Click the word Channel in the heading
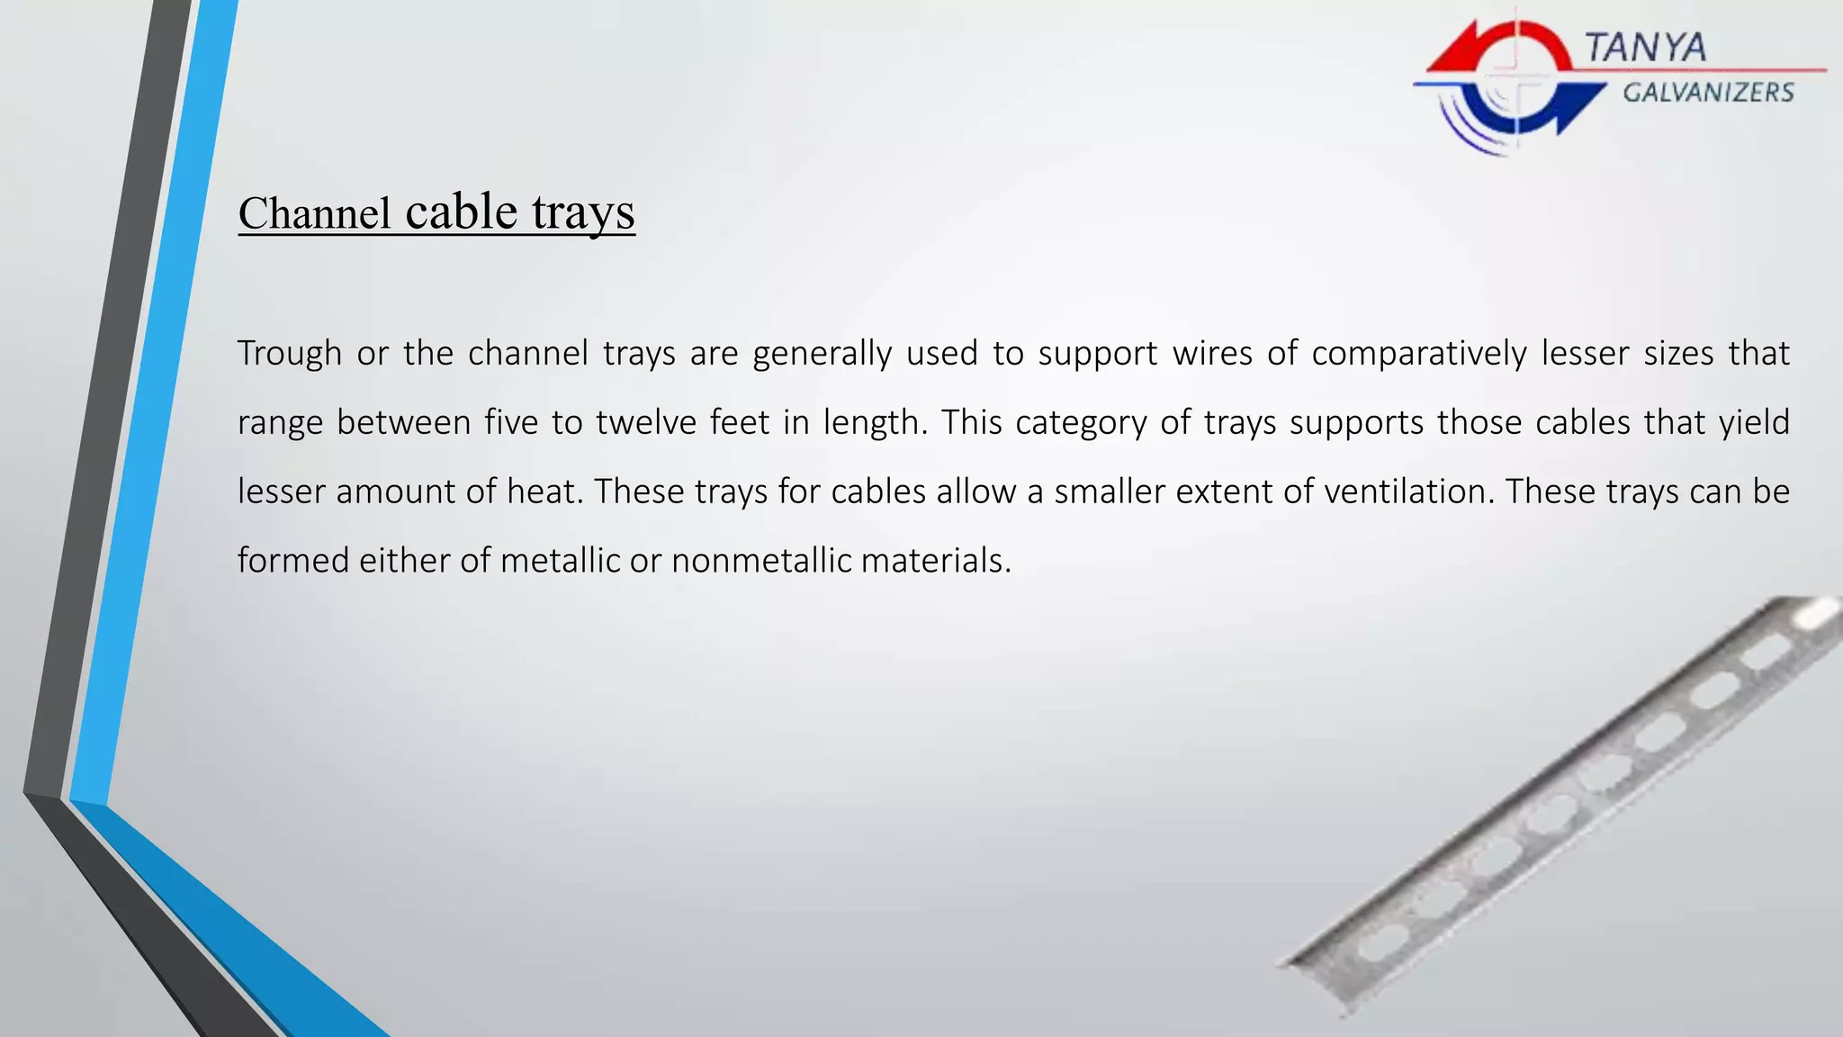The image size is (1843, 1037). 314,214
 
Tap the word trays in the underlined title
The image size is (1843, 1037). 583,212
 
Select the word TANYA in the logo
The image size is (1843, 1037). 1645,47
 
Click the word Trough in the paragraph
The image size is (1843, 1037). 289,353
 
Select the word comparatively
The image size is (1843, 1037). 1418,353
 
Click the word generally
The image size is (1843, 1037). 822,353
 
